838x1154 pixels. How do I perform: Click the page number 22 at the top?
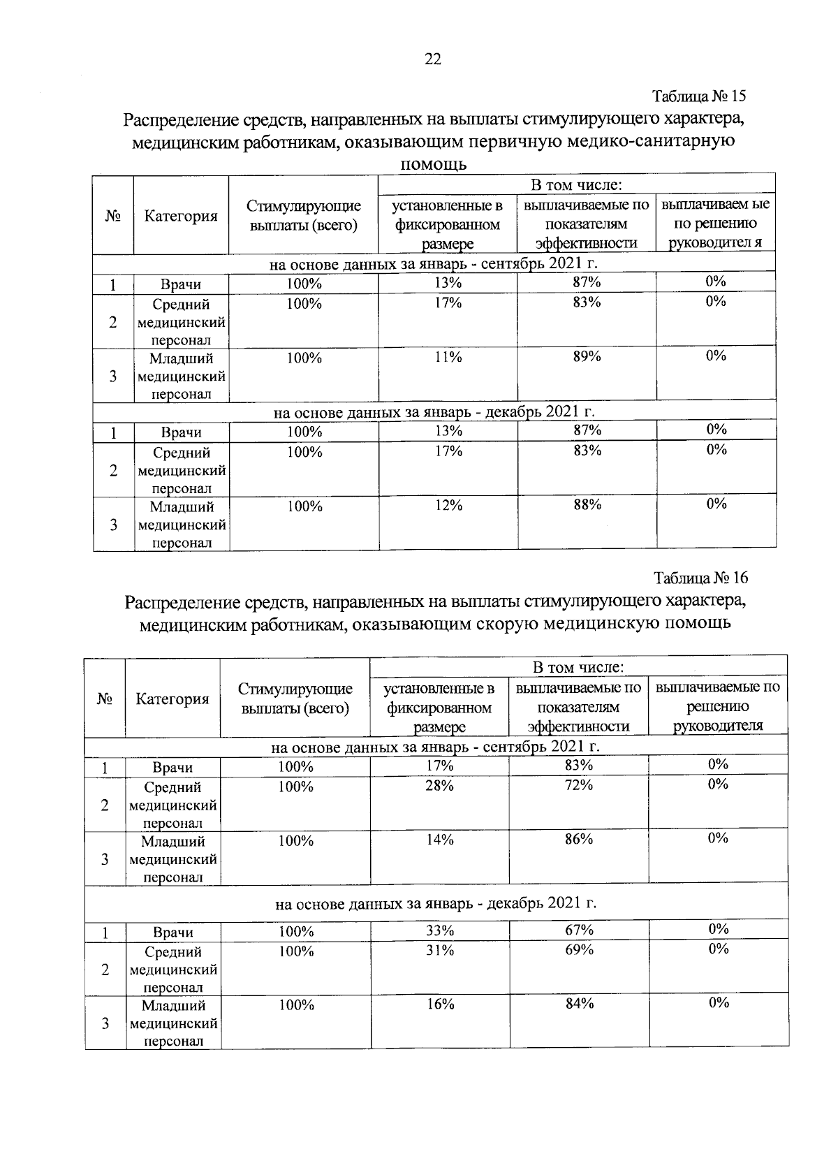pyautogui.click(x=432, y=59)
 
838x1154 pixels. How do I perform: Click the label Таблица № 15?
pyautogui.click(x=699, y=96)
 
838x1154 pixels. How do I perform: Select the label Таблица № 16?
pyautogui.click(x=700, y=578)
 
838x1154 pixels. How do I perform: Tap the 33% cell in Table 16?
pyautogui.click(x=440, y=930)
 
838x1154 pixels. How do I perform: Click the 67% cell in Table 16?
pyautogui.click(x=579, y=930)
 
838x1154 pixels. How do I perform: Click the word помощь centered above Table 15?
pyautogui.click(x=433, y=166)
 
